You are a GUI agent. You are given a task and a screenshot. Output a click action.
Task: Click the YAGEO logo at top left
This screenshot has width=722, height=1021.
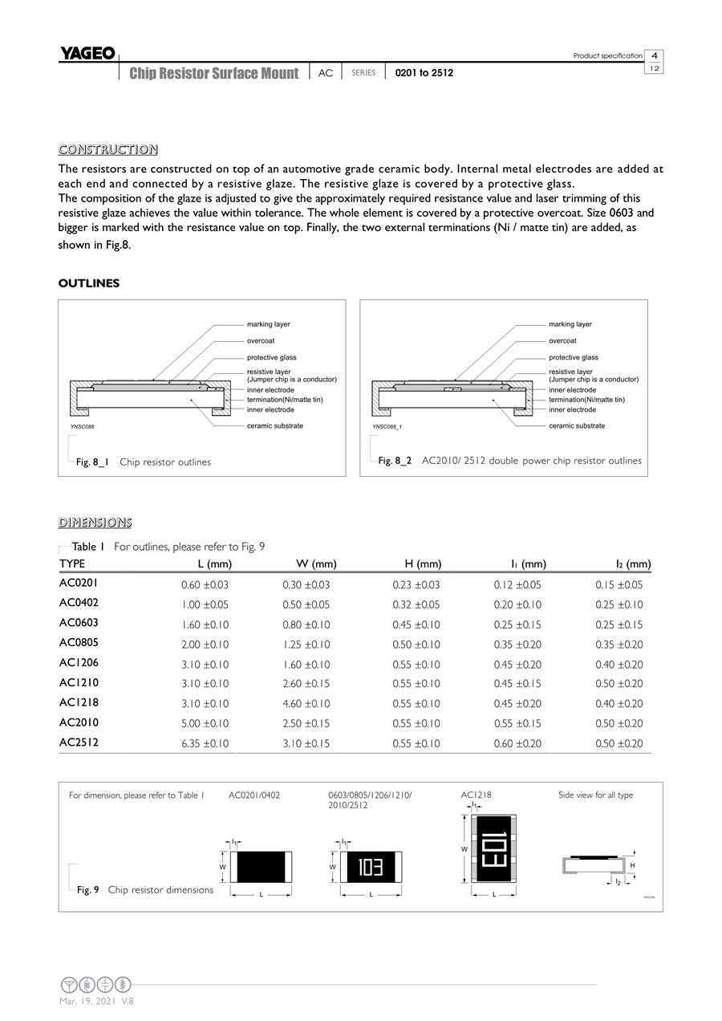(87, 54)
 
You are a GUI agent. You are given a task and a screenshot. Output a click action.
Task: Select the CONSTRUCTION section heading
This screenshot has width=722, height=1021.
(107, 149)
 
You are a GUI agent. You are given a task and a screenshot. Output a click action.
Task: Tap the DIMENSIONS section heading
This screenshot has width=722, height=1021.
(95, 523)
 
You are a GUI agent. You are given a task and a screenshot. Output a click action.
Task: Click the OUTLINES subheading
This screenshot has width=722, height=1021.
(89, 283)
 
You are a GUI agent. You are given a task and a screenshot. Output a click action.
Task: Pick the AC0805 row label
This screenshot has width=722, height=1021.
(79, 643)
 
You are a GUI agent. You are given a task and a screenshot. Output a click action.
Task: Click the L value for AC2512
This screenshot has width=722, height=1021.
(205, 743)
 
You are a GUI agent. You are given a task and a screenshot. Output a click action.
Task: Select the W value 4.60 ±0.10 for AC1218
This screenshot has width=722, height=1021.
(306, 704)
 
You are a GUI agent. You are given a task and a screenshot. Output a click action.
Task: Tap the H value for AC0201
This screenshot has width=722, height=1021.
(416, 585)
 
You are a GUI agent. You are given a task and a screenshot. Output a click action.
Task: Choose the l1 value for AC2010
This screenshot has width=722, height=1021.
(517, 723)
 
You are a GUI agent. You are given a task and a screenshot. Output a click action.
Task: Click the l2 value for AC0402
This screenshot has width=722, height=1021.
(619, 604)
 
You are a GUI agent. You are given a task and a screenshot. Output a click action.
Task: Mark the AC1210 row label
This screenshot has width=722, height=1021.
(79, 683)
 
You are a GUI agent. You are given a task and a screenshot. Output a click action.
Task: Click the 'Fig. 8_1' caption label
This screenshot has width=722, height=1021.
(91, 462)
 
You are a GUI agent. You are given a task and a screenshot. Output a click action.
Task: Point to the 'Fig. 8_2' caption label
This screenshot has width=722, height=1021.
(395, 461)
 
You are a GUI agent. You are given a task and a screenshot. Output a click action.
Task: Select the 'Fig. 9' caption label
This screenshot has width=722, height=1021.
(87, 889)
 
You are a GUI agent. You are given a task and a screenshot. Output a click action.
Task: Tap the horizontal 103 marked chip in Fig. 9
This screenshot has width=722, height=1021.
(370, 867)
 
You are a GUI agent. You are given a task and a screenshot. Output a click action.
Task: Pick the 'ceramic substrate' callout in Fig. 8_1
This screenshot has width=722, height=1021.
(274, 425)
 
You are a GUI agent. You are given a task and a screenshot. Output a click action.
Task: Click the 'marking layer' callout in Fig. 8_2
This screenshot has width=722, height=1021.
(570, 324)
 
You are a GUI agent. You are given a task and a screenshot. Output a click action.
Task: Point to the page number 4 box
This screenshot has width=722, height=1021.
(655, 55)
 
